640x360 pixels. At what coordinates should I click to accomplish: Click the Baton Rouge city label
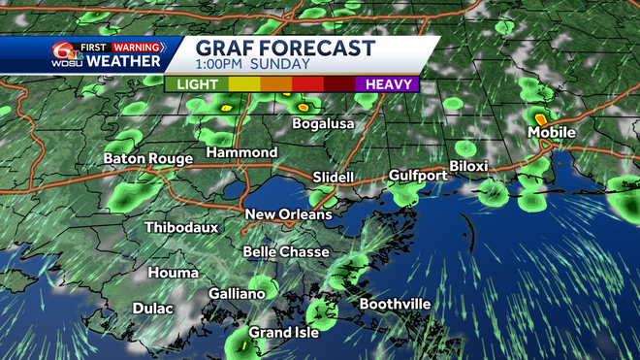[147, 158]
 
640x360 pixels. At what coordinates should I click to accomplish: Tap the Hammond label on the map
[242, 153]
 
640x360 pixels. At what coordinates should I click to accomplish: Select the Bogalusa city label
[323, 124]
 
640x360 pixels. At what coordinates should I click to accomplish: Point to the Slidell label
[336, 178]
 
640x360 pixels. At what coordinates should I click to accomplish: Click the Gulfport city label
[418, 176]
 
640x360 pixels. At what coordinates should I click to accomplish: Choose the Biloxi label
[468, 166]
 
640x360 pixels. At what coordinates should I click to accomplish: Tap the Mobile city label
[551, 132]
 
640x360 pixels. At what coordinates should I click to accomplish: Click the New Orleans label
[288, 214]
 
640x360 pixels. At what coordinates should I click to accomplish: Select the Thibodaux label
[181, 227]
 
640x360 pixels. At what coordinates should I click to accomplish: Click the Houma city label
[174, 274]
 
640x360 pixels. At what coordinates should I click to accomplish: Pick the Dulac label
[153, 309]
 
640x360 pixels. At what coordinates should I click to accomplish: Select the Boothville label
[395, 305]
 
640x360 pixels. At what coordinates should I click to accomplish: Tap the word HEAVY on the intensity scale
[391, 84]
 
